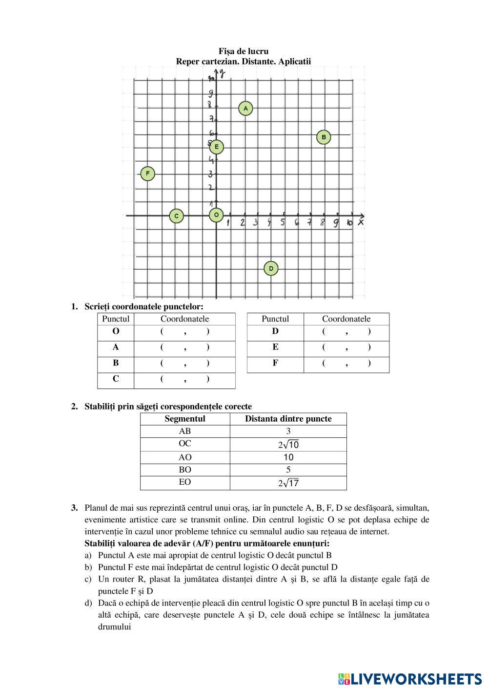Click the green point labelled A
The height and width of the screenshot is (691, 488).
coord(245,108)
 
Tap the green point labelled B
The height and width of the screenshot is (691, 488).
coord(324,137)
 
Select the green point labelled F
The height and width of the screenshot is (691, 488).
coord(147,173)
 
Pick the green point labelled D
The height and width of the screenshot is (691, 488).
coord(271,268)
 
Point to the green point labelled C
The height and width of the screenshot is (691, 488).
coord(177,216)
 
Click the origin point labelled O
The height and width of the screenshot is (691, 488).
coord(216,215)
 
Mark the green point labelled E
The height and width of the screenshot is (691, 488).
coord(217,147)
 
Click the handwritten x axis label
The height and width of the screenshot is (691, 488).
coord(361,222)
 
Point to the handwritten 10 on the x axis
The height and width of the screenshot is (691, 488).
coord(349,223)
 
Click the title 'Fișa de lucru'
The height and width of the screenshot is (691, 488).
coord(244,51)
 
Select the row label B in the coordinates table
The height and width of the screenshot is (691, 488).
coord(116,363)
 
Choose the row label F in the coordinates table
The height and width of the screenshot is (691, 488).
coord(275,363)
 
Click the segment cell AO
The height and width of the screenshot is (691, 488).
coord(185,457)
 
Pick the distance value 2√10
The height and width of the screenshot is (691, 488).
coord(288,445)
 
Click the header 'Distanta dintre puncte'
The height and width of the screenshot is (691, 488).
coord(288,419)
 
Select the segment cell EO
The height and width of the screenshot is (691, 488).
coord(185,482)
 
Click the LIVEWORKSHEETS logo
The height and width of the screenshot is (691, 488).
coord(409,679)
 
